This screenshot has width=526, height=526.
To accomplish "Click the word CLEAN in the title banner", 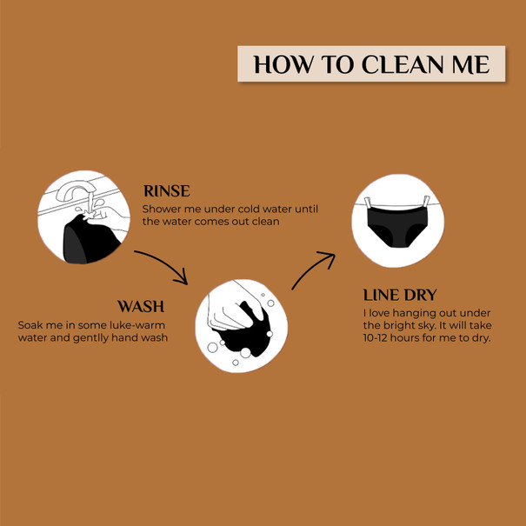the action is click(x=403, y=64).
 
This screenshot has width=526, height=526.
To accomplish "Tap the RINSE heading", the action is click(x=166, y=191).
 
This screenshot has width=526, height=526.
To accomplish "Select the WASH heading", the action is click(x=141, y=306).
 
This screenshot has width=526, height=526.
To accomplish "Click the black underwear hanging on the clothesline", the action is click(x=397, y=226).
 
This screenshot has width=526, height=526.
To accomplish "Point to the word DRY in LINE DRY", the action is click(x=420, y=296).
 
